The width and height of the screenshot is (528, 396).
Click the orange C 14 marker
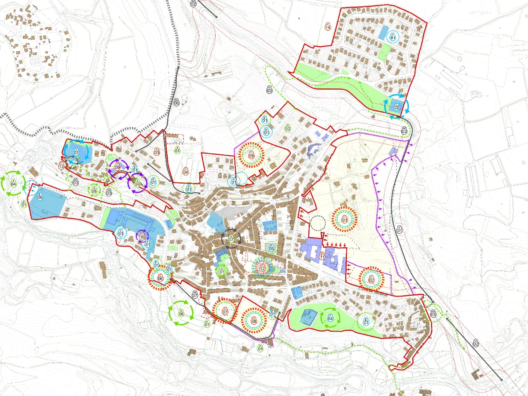tap(327, 26)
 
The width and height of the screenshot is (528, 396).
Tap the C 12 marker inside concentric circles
tap(262, 267)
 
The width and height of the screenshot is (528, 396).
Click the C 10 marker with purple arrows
tap(142, 237)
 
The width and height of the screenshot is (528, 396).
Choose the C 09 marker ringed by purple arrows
tap(117, 166)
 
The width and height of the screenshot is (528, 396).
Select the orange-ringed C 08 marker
tap(254, 320)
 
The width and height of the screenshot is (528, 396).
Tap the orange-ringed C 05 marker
tap(251, 154)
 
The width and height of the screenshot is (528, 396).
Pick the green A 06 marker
tap(181, 313)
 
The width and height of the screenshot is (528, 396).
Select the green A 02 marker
tap(287, 128)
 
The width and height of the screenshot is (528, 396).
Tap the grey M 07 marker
tap(195, 294)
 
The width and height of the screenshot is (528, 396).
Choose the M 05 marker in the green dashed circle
tap(433, 313)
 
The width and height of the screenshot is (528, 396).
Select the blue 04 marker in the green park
tap(330, 318)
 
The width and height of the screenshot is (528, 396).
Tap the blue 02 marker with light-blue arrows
tap(396, 106)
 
